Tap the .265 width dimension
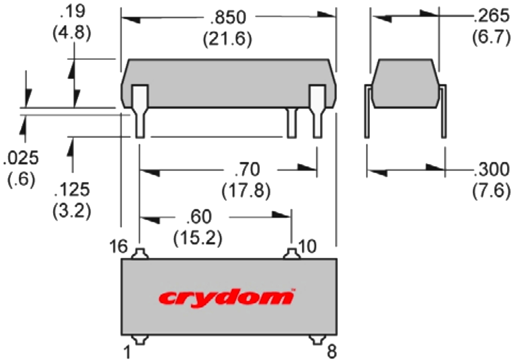tap(491, 18)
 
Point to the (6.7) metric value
tap(491, 38)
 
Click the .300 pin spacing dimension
tap(491, 170)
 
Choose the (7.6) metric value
tap(491, 191)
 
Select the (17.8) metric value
tap(247, 191)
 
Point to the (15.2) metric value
tap(198, 238)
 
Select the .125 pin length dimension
tap(71, 191)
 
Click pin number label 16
tap(119, 247)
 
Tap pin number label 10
tap(308, 247)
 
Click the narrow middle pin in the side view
tap(291, 123)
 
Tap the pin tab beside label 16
tap(140, 253)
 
